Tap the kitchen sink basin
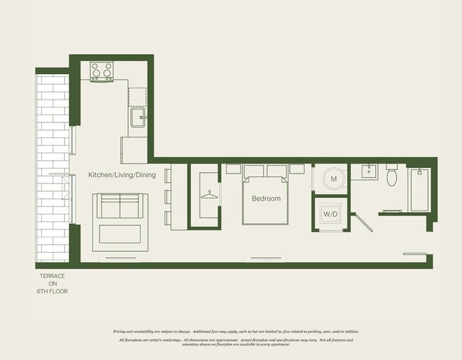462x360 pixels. [x=137, y=115]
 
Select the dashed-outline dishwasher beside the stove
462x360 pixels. [x=137, y=92]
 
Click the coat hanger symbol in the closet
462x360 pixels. [x=209, y=194]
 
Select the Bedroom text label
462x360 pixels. [x=266, y=198]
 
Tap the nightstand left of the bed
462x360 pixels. [x=232, y=169]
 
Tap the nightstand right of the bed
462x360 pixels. [x=297, y=169]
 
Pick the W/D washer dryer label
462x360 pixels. [x=330, y=213]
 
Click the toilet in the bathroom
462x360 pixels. [x=391, y=176]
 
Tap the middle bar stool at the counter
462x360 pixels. [x=168, y=196]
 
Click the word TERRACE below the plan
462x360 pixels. [x=54, y=276]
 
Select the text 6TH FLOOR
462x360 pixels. [x=54, y=291]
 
